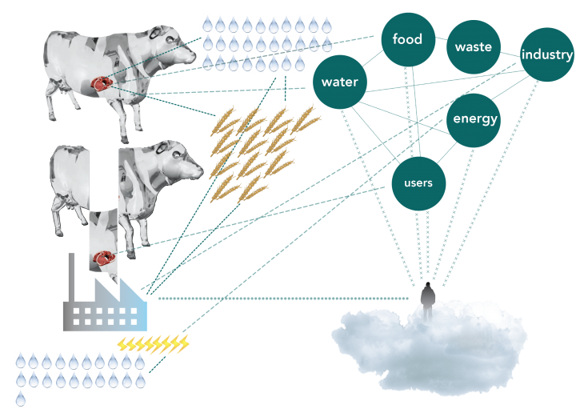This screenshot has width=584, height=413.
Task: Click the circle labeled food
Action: click(x=407, y=39)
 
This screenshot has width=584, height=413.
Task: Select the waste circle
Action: click(x=473, y=46)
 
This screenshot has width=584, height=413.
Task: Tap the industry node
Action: click(x=547, y=54)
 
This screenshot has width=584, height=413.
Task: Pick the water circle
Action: click(x=339, y=82)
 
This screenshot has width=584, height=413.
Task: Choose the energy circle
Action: click(x=474, y=119)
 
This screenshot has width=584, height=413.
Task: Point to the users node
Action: click(x=418, y=183)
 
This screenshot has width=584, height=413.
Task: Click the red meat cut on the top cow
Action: click(x=102, y=81)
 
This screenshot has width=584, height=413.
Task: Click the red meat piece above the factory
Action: click(x=103, y=257)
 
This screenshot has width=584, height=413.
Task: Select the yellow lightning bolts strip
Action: click(x=153, y=344)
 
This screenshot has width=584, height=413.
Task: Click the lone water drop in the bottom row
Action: click(x=21, y=398)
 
